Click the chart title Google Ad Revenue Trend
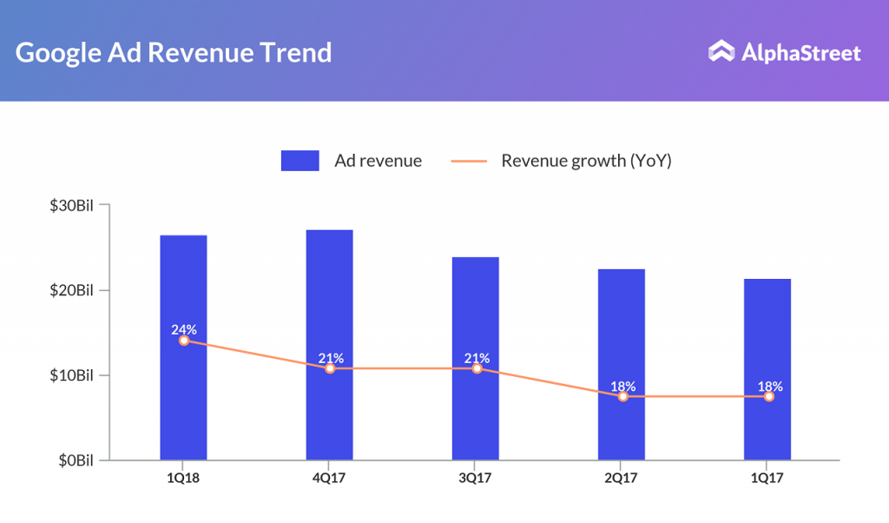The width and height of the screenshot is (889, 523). click(x=174, y=52)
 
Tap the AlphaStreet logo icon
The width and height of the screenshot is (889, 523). click(x=721, y=52)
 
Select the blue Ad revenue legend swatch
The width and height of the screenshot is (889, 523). click(x=300, y=161)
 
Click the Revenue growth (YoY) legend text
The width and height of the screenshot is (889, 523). click(x=586, y=161)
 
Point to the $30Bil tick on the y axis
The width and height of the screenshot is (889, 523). click(x=105, y=205)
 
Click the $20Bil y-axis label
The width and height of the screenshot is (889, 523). click(x=71, y=289)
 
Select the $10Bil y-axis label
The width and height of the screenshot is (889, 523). click(x=71, y=375)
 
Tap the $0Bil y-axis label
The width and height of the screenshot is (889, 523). click(x=76, y=460)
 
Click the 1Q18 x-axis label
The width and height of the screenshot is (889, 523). click(x=183, y=477)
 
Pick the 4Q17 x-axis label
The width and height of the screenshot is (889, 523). click(x=329, y=477)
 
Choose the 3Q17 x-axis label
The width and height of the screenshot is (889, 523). click(x=476, y=477)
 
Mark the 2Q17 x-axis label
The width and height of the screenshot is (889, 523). click(x=622, y=477)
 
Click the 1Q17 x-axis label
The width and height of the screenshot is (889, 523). click(x=767, y=477)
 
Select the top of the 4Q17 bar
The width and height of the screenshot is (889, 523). click(x=329, y=231)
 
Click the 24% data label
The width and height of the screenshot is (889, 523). click(x=183, y=329)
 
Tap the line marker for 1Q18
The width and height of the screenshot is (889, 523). click(x=183, y=341)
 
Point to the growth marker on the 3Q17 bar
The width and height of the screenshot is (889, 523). click(x=476, y=368)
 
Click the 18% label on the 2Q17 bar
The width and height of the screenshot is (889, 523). click(x=622, y=386)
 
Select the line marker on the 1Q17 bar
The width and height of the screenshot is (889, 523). click(x=768, y=396)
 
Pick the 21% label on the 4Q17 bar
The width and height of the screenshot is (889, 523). click(x=330, y=358)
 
